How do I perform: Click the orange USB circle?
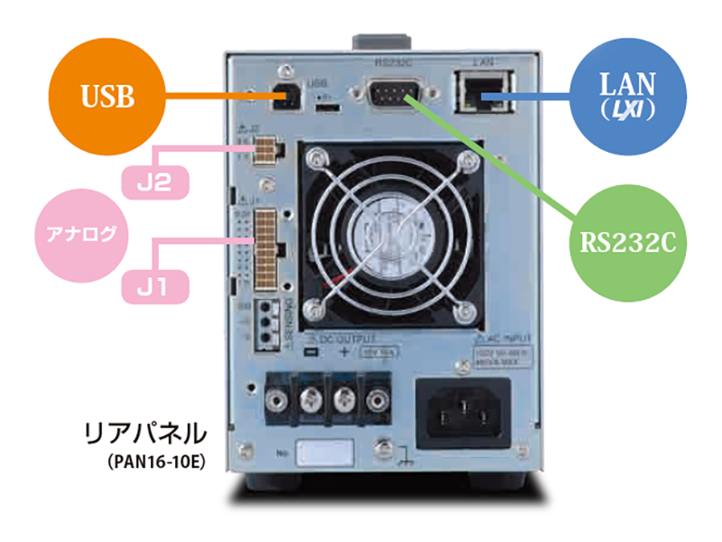click(106, 96)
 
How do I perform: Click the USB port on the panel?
click(285, 97)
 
